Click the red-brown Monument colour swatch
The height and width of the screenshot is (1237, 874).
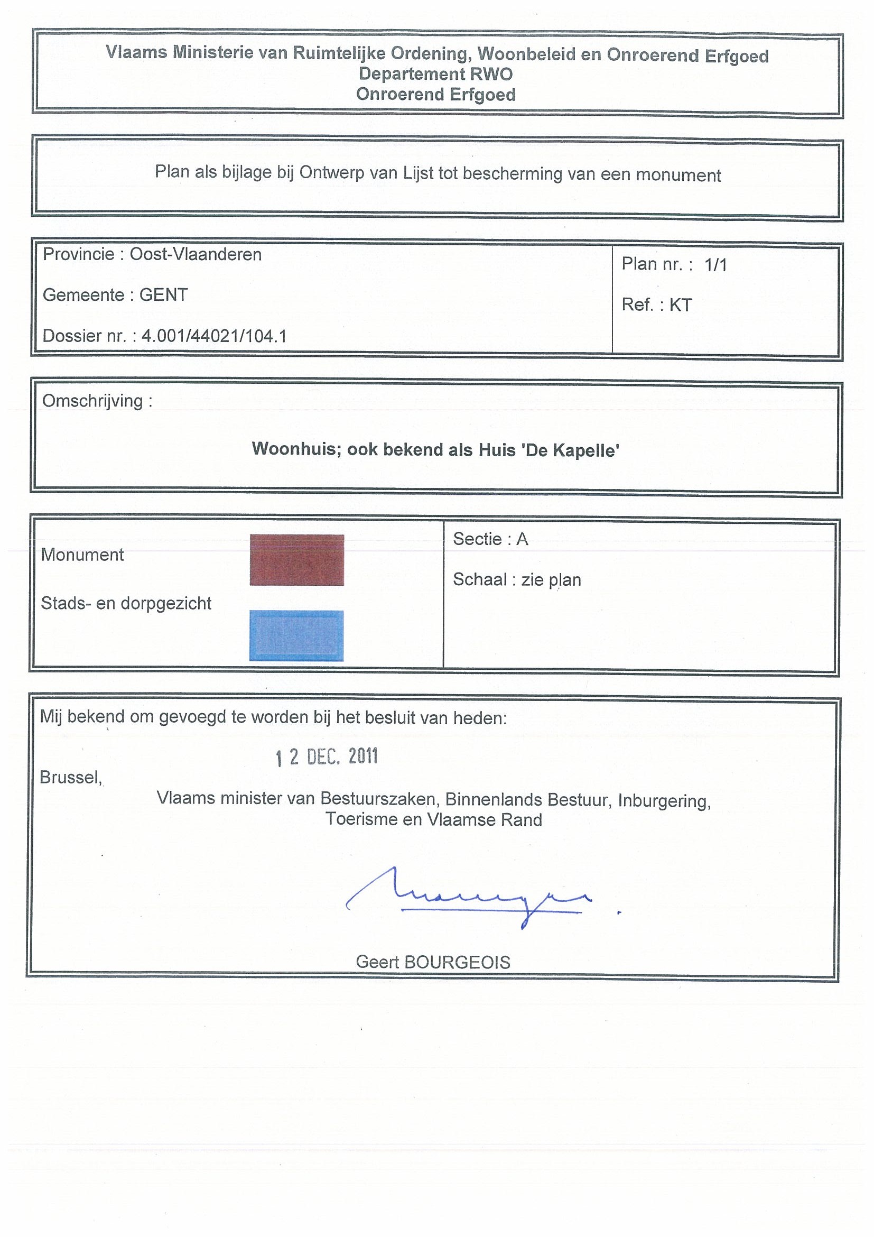point(297,559)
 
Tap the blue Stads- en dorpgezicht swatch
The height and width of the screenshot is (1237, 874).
point(297,635)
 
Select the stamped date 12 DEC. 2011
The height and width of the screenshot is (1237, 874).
point(327,757)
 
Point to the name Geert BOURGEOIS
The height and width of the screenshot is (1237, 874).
point(433,962)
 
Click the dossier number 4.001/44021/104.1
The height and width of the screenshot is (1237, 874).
point(214,336)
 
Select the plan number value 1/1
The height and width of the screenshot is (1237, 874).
point(715,264)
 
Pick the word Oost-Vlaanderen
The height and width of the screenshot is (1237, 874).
point(196,254)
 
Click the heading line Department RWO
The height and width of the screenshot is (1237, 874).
point(435,74)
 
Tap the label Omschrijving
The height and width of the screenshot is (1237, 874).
point(97,401)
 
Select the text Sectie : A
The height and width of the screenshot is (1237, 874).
point(490,539)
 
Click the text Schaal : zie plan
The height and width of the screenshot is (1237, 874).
point(516,580)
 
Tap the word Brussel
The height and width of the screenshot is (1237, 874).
point(71,777)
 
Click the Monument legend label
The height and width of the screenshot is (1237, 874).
point(82,555)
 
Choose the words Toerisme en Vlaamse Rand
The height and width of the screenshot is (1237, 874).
point(433,819)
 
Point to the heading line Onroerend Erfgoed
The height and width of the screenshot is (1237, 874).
point(435,94)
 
